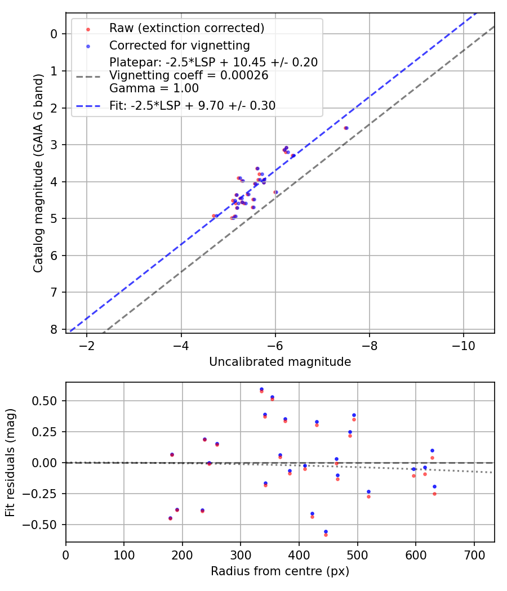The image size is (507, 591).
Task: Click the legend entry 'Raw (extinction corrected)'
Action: click(x=186, y=28)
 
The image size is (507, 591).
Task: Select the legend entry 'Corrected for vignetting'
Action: click(x=180, y=45)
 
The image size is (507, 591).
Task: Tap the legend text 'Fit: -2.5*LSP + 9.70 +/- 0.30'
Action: click(x=192, y=106)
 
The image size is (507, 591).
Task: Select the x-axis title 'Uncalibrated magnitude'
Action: click(x=280, y=362)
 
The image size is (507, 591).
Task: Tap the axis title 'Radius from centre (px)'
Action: click(x=280, y=571)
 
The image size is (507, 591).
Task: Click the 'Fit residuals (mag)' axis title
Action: click(x=10, y=463)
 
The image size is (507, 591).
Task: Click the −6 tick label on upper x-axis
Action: click(x=275, y=344)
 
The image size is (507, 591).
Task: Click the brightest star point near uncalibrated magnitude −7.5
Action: click(x=346, y=128)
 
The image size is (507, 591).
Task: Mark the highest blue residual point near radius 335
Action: click(x=261, y=389)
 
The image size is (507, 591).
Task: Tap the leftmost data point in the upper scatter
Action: click(x=214, y=216)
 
